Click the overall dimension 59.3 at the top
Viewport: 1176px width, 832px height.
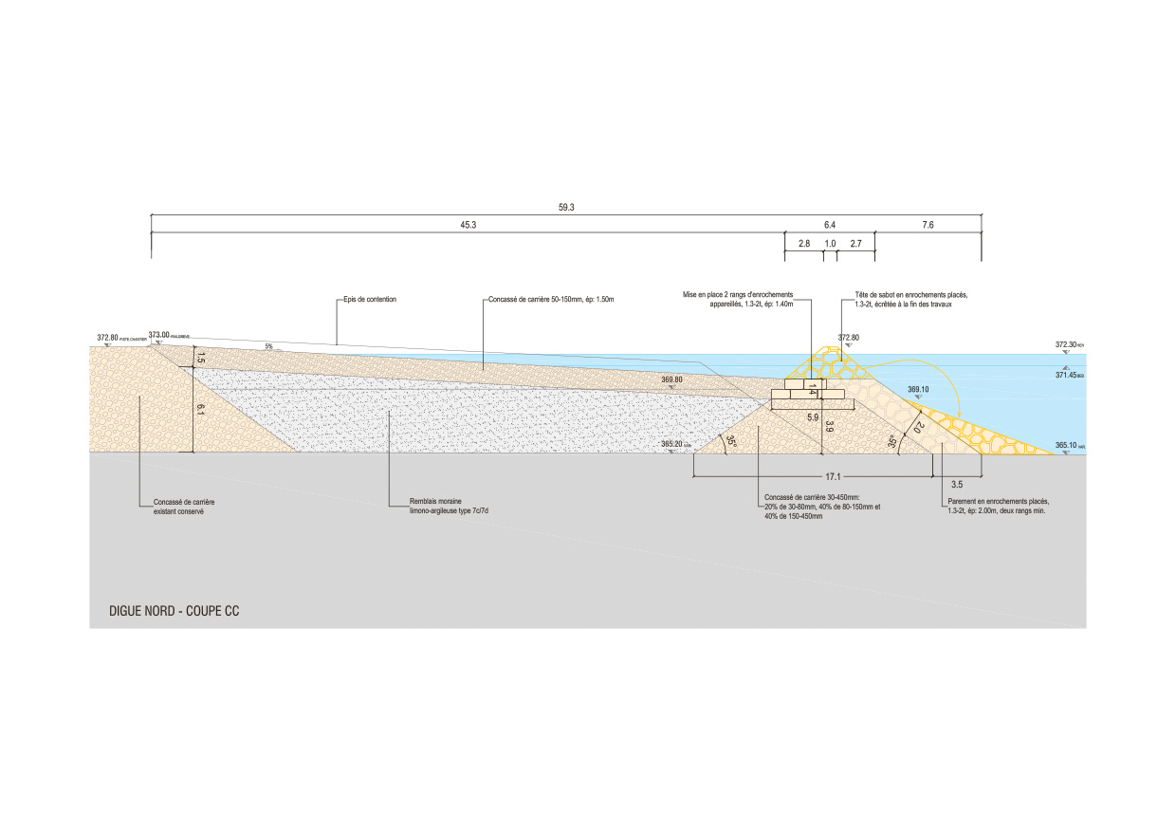coord(567,207)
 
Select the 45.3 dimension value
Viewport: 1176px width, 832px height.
coord(468,225)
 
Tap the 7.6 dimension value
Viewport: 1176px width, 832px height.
coord(928,225)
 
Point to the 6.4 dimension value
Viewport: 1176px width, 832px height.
coord(830,225)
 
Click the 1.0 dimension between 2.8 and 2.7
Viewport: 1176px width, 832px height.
coord(830,244)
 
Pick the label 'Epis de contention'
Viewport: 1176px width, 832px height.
coord(370,300)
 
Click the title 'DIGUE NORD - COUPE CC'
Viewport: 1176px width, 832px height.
coord(175,612)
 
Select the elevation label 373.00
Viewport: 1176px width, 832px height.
coord(157,335)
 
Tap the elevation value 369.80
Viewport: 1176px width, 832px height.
coord(671,379)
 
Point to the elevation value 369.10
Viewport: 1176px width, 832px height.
coord(918,389)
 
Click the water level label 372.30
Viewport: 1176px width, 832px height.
coord(1065,344)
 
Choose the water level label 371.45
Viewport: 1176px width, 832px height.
coord(1065,375)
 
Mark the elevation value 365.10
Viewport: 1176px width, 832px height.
coord(1065,445)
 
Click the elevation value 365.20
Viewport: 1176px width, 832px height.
coord(671,444)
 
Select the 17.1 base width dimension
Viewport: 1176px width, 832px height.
coord(835,476)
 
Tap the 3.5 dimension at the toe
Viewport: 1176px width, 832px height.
coord(956,485)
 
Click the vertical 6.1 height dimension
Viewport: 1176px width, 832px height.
coord(198,410)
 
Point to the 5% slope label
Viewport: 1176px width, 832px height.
coord(268,346)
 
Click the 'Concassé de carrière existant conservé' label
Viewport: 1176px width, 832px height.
coord(179,507)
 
